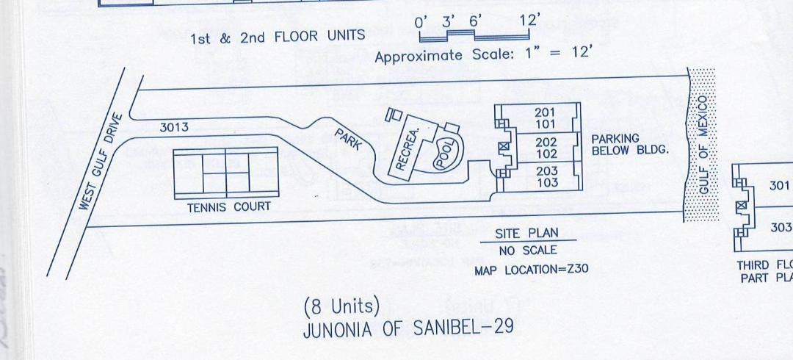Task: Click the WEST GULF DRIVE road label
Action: click(99, 162)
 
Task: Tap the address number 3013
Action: click(174, 127)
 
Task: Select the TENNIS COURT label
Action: click(218, 207)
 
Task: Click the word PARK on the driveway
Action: click(348, 139)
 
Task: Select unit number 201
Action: click(545, 112)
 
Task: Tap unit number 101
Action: click(545, 123)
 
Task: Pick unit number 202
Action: click(546, 142)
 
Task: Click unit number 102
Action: click(546, 154)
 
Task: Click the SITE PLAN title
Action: click(526, 233)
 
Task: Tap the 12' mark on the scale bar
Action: click(529, 21)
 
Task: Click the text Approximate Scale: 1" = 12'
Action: click(483, 54)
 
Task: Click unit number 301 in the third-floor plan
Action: click(779, 186)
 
